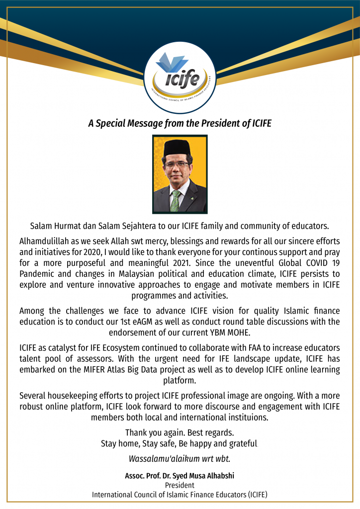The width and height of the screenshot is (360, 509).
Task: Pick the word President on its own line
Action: pos(180,485)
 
